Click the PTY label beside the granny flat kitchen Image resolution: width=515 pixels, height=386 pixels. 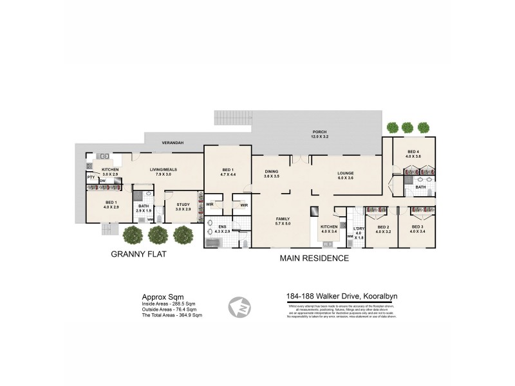(91, 178)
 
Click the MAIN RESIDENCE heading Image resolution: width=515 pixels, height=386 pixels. (314, 259)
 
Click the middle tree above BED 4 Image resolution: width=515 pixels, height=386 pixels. (407, 127)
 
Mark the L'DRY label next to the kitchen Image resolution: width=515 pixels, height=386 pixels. (359, 230)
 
